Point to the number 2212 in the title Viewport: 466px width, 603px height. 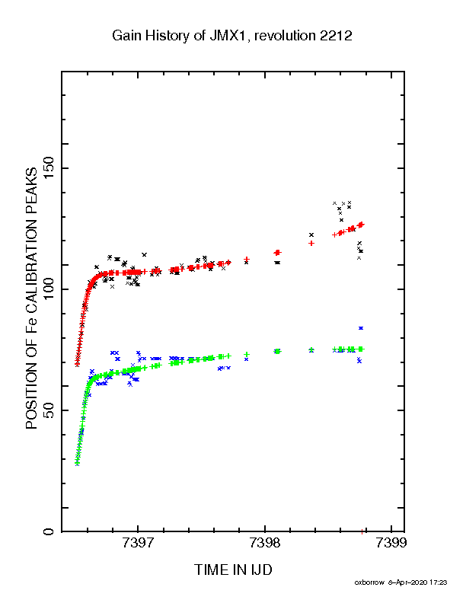tap(336, 36)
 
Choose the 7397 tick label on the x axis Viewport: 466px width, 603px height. tap(138, 543)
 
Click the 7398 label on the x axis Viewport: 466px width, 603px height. tap(264, 543)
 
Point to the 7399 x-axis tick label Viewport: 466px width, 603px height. tap(391, 543)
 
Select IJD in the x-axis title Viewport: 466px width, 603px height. tap(261, 570)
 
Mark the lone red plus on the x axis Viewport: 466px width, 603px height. tap(362, 531)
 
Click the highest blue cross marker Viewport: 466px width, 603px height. tap(361, 328)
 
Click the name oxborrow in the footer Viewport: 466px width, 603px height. tap(369, 582)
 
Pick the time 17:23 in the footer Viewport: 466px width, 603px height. tap(439, 582)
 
